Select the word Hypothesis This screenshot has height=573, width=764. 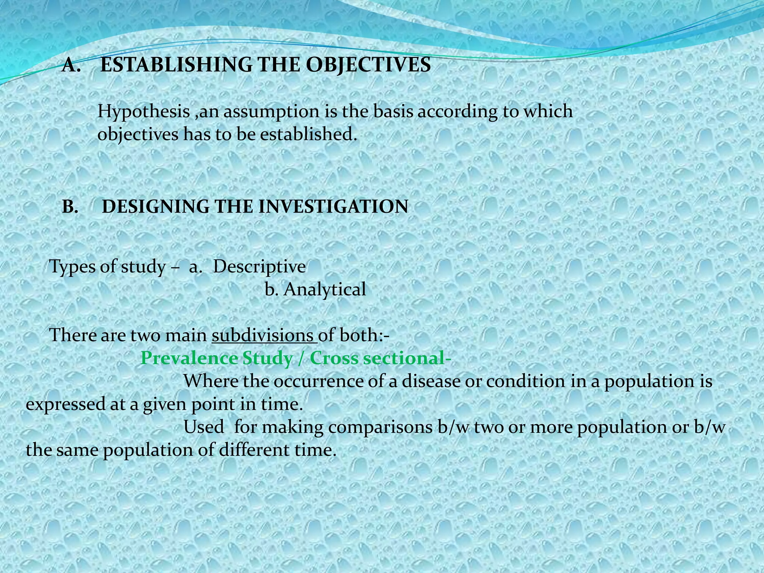[144, 112]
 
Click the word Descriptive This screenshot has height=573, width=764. [259, 267]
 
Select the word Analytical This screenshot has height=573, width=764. [325, 289]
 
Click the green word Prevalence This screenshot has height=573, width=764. [189, 358]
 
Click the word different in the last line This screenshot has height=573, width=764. [254, 450]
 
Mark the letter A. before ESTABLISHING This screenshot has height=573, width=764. [72, 65]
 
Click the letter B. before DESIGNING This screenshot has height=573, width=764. [70, 207]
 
